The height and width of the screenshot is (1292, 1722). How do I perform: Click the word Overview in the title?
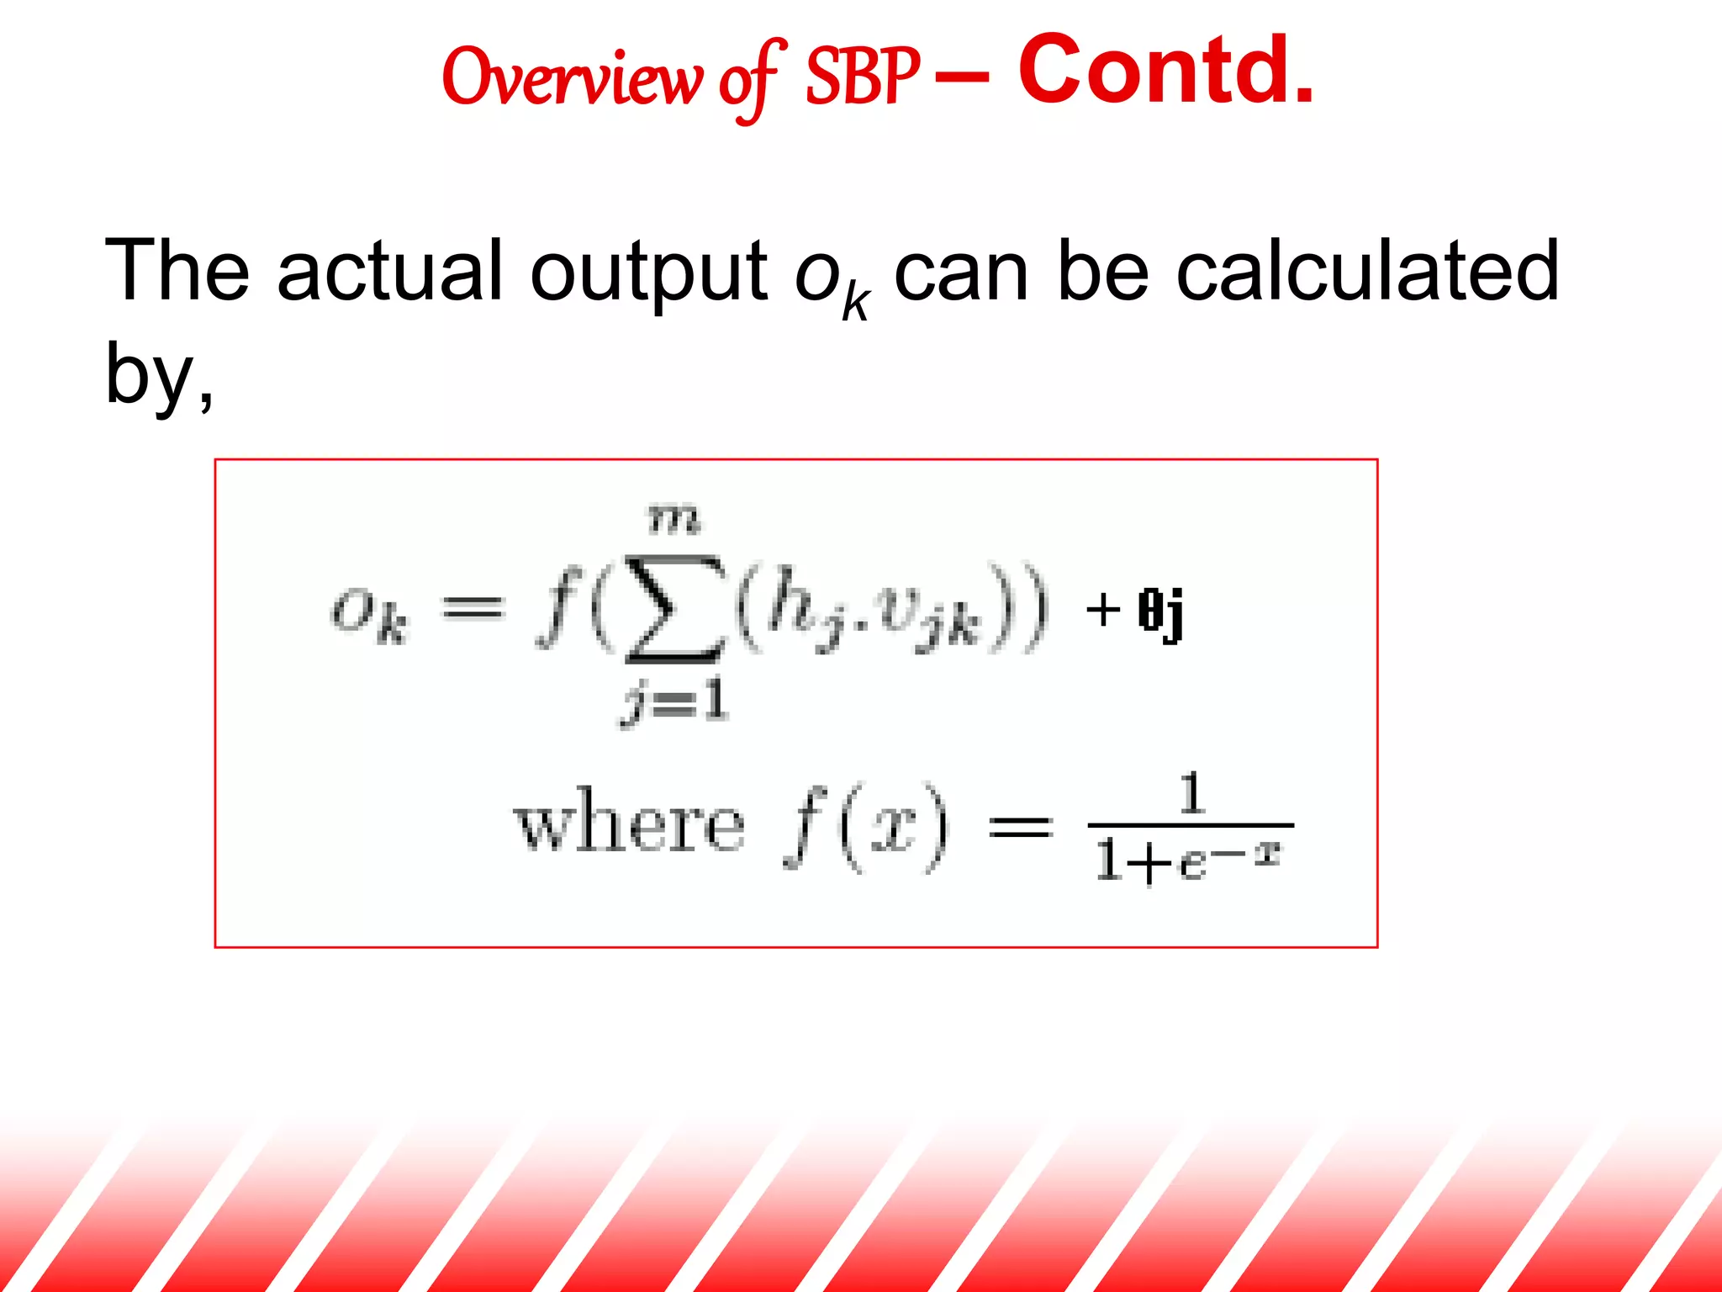pos(571,77)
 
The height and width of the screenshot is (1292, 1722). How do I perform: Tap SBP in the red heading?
pos(862,77)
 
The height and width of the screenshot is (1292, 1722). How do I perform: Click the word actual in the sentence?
pos(389,271)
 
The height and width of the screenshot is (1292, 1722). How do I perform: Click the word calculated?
pos(1367,271)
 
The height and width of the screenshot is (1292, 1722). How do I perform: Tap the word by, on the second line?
pos(159,375)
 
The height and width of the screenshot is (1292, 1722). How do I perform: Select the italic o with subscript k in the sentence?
pos(831,278)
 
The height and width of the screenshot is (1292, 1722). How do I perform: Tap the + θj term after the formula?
pos(1135,612)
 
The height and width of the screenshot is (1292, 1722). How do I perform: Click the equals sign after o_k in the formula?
pos(473,607)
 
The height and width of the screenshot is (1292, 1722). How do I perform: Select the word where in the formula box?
pos(629,823)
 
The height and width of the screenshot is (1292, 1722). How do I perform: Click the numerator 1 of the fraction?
pos(1191,792)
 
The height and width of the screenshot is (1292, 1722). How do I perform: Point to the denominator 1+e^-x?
pos(1188,860)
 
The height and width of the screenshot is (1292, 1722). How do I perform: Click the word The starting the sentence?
pos(177,271)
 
